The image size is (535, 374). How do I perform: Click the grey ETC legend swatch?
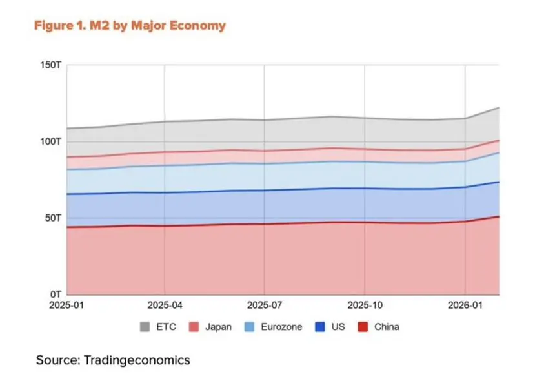tap(145, 327)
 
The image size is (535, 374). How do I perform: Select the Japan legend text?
tap(218, 327)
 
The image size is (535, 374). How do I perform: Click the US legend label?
tap(338, 327)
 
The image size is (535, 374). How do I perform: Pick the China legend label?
tap(386, 327)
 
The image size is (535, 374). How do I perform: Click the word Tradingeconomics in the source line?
tap(137, 360)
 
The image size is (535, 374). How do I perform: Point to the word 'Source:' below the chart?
tap(58, 360)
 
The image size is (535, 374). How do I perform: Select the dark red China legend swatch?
tap(363, 327)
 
